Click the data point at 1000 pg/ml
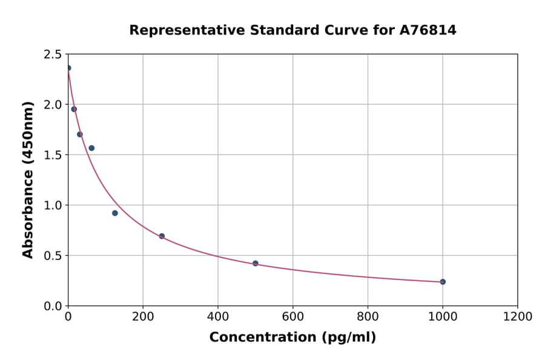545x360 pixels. click(x=443, y=282)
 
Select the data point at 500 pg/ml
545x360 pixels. click(x=256, y=264)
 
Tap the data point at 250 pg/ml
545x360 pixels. click(x=162, y=236)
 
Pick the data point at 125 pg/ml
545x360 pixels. click(x=115, y=213)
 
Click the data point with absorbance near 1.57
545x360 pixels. click(x=91, y=148)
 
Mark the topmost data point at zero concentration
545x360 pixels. click(x=68, y=68)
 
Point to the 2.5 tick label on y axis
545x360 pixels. click(x=52, y=55)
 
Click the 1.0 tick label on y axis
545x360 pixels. click(x=52, y=205)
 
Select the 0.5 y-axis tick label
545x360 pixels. click(x=52, y=256)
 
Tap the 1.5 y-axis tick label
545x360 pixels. click(x=52, y=155)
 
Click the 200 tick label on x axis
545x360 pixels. click(x=143, y=317)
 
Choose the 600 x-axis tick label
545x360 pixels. click(x=292, y=317)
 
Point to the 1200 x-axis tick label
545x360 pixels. click(x=517, y=317)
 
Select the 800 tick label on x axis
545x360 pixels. click(x=368, y=317)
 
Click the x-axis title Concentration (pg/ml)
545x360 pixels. click(x=292, y=338)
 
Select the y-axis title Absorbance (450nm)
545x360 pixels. click(x=28, y=179)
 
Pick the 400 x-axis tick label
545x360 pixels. click(x=218, y=317)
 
